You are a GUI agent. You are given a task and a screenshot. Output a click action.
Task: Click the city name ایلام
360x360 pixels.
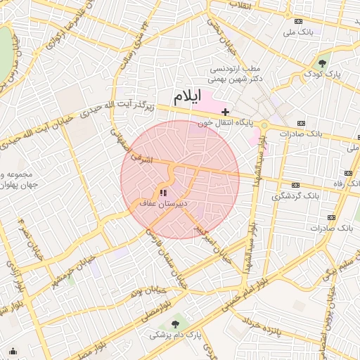coord(188,96)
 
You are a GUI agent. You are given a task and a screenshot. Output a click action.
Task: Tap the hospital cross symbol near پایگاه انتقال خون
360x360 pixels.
coord(225,112)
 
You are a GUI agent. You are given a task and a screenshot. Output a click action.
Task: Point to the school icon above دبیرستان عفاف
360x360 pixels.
coord(164,192)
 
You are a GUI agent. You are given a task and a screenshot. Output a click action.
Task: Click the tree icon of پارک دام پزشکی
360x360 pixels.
coord(174,324)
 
